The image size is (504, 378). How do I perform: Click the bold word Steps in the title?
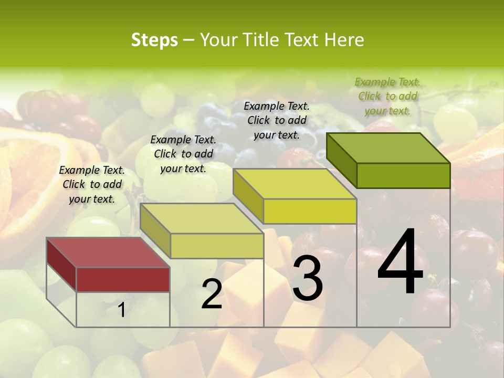point(154,40)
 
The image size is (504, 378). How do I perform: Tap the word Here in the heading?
point(344,40)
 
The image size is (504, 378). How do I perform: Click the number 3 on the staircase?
point(308,278)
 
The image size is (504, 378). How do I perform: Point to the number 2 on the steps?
point(212,294)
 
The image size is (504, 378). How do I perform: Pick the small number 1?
point(121,310)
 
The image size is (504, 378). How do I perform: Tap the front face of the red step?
point(123,279)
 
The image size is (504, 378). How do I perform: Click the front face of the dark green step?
point(403,175)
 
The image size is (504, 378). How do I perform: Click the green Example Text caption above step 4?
point(387,96)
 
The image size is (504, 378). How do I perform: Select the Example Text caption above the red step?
point(92,184)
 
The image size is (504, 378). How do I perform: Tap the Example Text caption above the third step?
point(277,120)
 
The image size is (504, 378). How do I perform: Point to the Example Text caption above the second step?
point(183,154)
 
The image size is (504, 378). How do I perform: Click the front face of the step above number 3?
point(310,211)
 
